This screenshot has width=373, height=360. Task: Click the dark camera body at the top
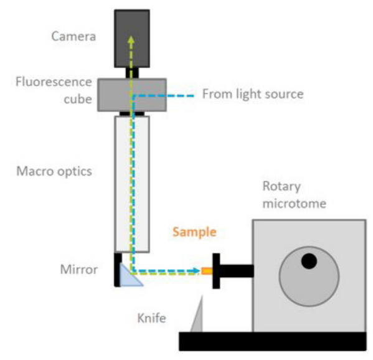(x=132, y=37)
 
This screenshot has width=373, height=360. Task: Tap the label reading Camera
(x=75, y=36)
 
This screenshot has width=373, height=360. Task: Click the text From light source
(x=252, y=94)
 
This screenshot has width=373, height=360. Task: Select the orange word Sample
(x=194, y=232)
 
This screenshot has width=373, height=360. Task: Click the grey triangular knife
(x=198, y=315)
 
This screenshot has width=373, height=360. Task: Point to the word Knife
(x=151, y=320)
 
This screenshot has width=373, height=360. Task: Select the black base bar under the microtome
(x=272, y=341)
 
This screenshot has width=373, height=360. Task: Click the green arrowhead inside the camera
(x=131, y=39)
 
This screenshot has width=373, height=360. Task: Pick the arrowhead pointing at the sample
(x=197, y=270)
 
